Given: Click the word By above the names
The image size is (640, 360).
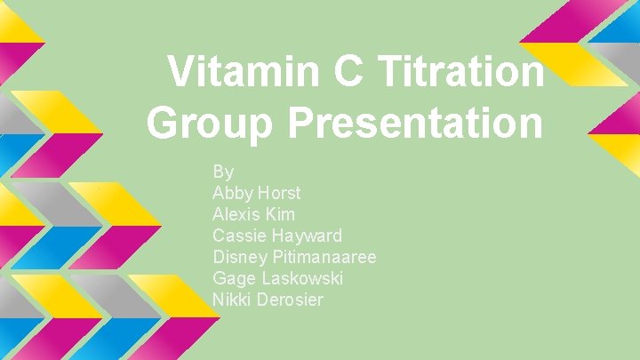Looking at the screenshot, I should [223, 171].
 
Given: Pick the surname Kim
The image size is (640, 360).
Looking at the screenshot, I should [280, 214].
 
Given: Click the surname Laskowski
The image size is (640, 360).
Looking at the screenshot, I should [302, 278].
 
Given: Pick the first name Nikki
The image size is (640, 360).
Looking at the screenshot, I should [232, 300].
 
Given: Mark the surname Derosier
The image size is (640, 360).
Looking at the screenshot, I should [291, 300].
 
